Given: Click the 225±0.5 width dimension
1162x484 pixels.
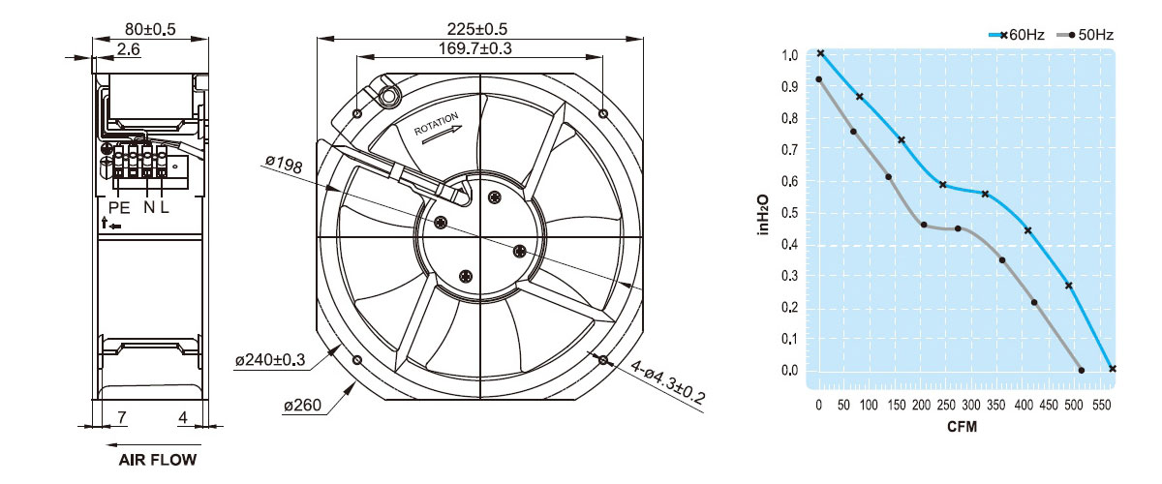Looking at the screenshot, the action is point(476,28).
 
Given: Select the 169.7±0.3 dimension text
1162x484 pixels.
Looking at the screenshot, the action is point(474,48).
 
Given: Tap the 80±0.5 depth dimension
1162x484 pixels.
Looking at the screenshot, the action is point(150,28).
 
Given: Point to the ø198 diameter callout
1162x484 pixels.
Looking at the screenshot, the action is point(284,164).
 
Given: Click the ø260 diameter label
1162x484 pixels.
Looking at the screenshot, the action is point(302,405).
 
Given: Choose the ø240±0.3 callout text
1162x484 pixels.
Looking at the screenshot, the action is point(270,359).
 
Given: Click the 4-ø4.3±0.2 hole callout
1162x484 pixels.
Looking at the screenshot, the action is point(667,382).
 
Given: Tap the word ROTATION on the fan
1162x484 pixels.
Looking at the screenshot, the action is point(437,124).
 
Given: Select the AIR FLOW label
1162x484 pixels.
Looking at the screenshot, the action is point(158,460).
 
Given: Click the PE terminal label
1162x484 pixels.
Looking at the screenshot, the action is point(119,207).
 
